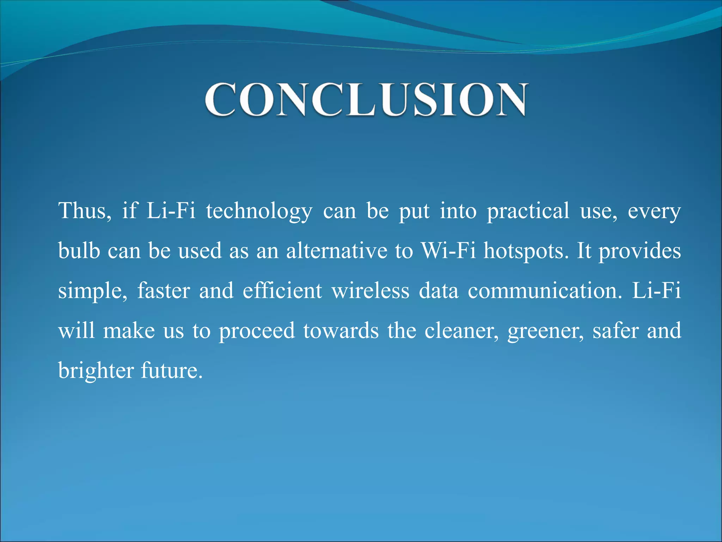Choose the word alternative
tap(337, 251)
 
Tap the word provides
tap(640, 251)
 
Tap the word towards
tap(341, 331)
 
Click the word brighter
tap(96, 371)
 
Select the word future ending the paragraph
tap(171, 371)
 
